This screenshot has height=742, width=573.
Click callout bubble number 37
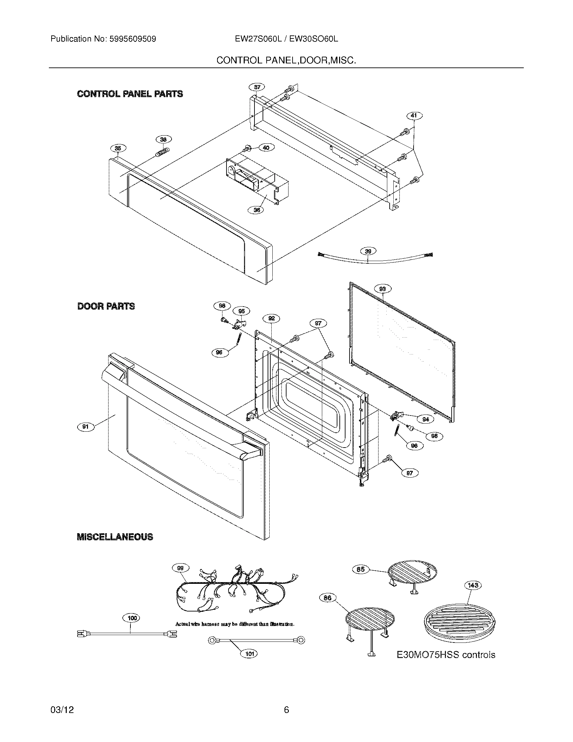coord(257,87)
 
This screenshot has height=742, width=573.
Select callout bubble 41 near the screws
coord(414,116)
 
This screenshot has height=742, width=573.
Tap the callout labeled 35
coord(118,148)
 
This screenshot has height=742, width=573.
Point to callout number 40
coord(267,148)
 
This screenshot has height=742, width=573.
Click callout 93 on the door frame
coord(383,289)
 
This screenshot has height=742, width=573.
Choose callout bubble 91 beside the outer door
coord(86,427)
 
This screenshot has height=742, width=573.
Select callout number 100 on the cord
coord(132,618)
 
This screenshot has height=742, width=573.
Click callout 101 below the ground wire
coord(249,653)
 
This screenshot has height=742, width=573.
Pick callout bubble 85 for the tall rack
coord(361,569)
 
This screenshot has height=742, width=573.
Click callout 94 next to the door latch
coord(425,419)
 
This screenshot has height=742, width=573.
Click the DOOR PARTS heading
coord(106,307)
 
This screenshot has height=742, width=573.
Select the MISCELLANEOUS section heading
coord(115,537)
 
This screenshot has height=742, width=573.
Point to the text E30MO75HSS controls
coord(446,655)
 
